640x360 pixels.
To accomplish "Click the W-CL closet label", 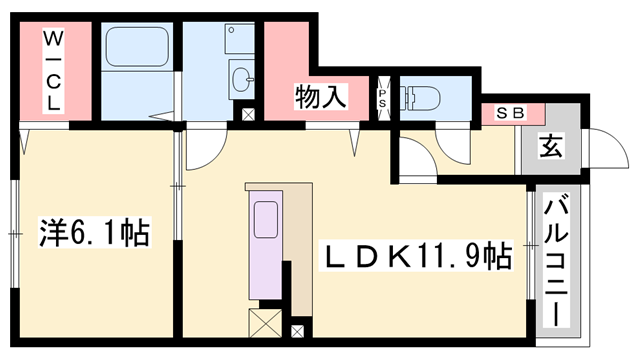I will [53, 71].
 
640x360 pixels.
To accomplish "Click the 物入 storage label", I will [320, 97].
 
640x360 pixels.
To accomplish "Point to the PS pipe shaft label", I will [382, 97].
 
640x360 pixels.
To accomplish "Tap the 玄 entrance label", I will [550, 146].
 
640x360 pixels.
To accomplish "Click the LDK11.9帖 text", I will [414, 257].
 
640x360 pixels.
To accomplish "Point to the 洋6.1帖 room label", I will [95, 233].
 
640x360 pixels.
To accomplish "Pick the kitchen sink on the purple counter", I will [267, 219].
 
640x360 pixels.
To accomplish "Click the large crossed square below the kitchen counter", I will [265, 323].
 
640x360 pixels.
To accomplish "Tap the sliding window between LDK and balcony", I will [529, 245].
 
